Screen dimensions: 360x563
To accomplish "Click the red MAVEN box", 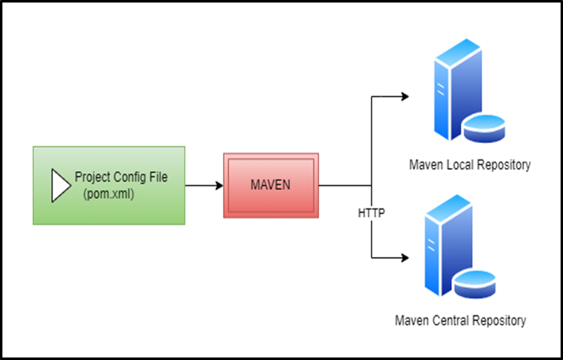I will (x=271, y=185).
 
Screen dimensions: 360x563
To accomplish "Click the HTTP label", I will (x=371, y=213).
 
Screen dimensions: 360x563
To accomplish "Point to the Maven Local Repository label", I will (x=469, y=165).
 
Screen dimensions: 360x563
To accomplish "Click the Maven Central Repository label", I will (x=461, y=320).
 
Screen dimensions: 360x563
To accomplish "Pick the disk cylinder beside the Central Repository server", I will (x=474, y=282).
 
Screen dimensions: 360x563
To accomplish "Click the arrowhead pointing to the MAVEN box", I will (x=218, y=186).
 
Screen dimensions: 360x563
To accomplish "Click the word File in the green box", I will (x=158, y=177).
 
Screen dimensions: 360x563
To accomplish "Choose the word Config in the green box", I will (x=128, y=177).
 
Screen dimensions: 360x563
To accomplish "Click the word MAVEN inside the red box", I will (x=271, y=185).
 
